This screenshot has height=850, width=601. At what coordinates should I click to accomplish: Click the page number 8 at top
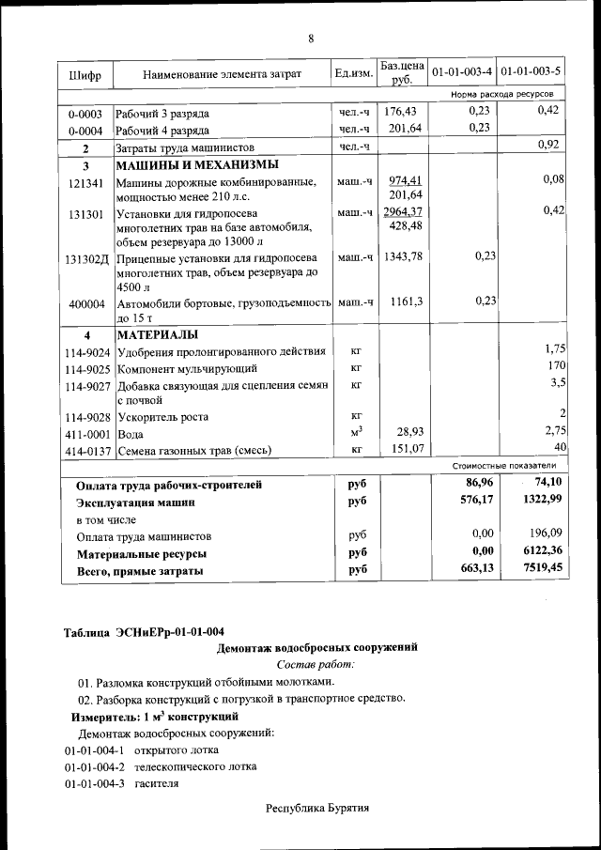(310, 39)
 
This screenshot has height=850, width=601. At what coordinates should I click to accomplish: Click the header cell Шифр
(85, 74)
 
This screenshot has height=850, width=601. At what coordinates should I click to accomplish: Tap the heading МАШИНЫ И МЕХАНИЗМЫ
(184, 165)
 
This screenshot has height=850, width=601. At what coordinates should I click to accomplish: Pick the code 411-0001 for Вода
(88, 435)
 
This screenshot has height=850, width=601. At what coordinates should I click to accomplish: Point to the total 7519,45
(536, 569)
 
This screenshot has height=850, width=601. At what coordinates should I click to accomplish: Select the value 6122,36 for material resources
(536, 552)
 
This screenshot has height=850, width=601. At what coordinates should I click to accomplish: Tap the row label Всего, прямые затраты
(139, 570)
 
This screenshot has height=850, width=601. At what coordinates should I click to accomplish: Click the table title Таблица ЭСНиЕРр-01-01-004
(144, 630)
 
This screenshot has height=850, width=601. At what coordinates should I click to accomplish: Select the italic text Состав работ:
(316, 664)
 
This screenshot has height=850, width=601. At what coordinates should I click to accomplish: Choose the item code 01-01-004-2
(94, 766)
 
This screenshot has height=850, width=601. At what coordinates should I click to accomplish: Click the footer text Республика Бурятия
(316, 808)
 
